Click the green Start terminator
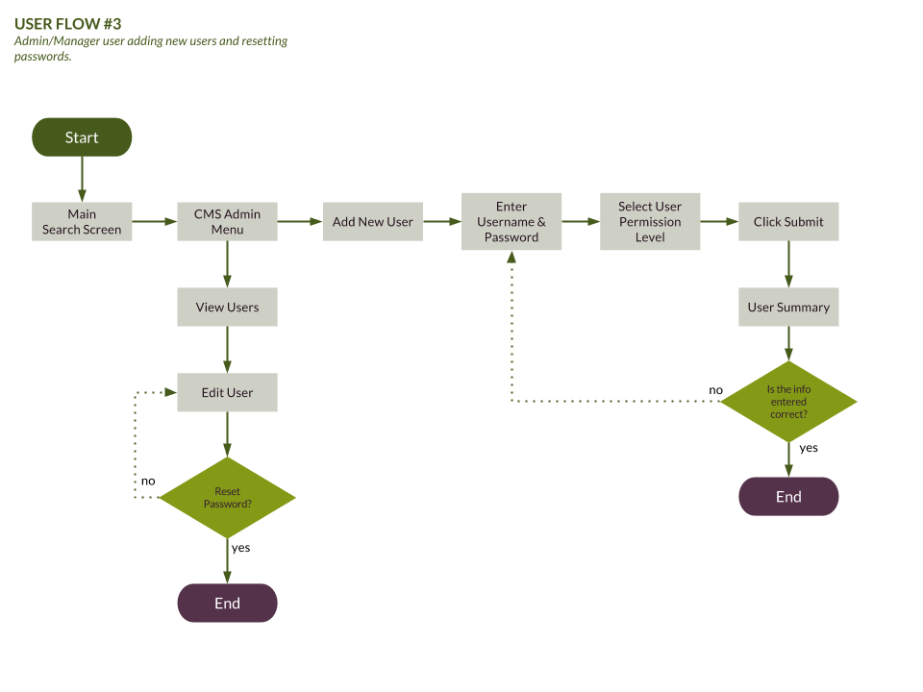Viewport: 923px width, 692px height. [82, 137]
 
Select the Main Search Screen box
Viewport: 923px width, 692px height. [82, 222]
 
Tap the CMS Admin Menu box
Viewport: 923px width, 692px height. [227, 222]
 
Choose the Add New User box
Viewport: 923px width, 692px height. [372, 222]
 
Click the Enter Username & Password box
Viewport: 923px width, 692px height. [511, 222]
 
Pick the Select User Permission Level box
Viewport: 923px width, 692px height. [650, 222]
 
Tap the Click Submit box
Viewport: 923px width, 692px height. [788, 222]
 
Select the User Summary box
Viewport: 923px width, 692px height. [788, 308]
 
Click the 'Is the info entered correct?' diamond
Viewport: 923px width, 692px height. [788, 402]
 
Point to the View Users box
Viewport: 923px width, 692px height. [227, 308]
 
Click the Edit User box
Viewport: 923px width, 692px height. [227, 393]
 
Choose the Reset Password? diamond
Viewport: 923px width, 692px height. [227, 498]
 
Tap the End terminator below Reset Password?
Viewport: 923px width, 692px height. [227, 604]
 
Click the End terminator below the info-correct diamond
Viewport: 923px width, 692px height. [788, 497]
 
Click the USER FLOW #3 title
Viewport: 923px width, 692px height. [68, 24]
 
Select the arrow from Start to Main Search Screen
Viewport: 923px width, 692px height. [82, 180]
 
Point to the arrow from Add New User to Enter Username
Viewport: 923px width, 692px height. [441, 222]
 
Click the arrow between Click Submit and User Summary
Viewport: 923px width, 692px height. [788, 264]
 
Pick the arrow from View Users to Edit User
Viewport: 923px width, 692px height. [227, 350]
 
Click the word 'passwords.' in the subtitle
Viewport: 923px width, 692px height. [42, 57]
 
